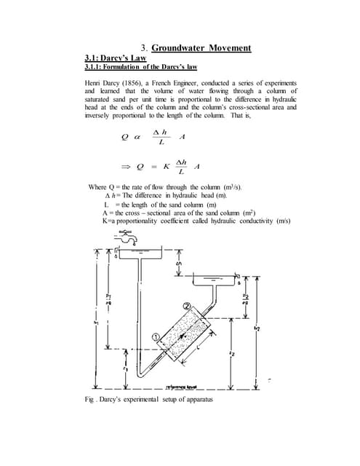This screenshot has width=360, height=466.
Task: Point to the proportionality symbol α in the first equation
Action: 136,137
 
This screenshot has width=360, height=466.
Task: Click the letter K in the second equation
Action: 166,165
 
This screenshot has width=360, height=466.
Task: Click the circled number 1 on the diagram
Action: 156,337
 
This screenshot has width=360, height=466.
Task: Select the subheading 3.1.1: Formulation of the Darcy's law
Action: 131,67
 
